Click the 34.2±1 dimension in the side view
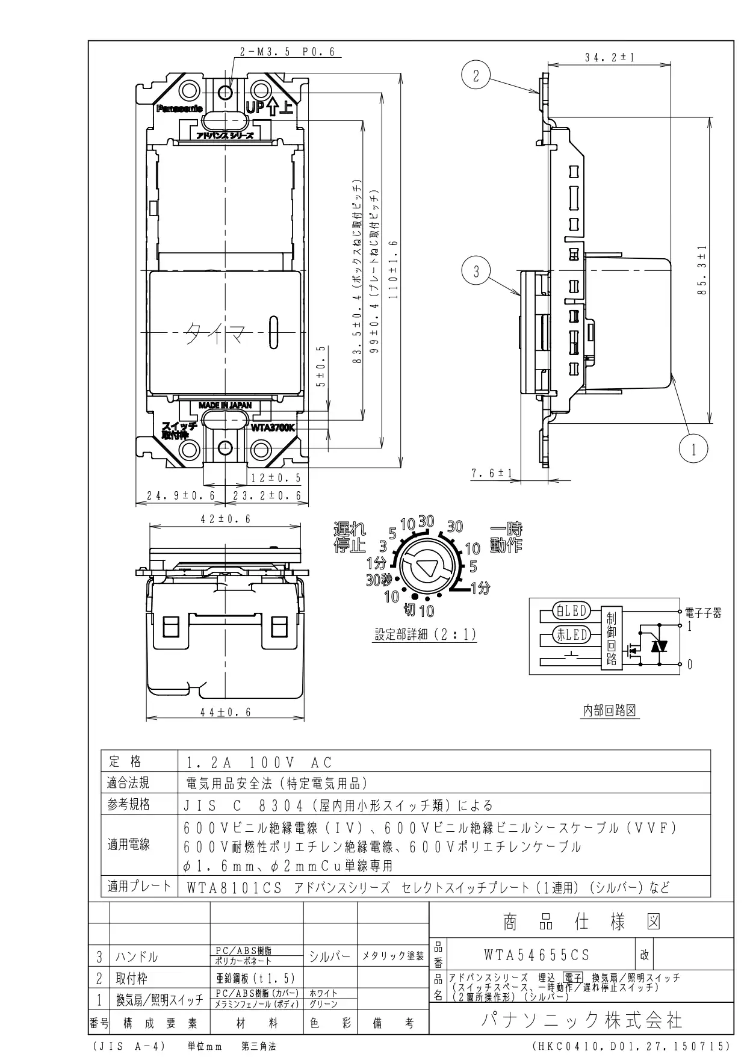[x=609, y=58]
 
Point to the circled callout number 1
[x=693, y=449]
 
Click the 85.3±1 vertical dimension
[x=702, y=270]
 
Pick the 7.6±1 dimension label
[x=491, y=473]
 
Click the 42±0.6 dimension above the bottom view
[x=225, y=518]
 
